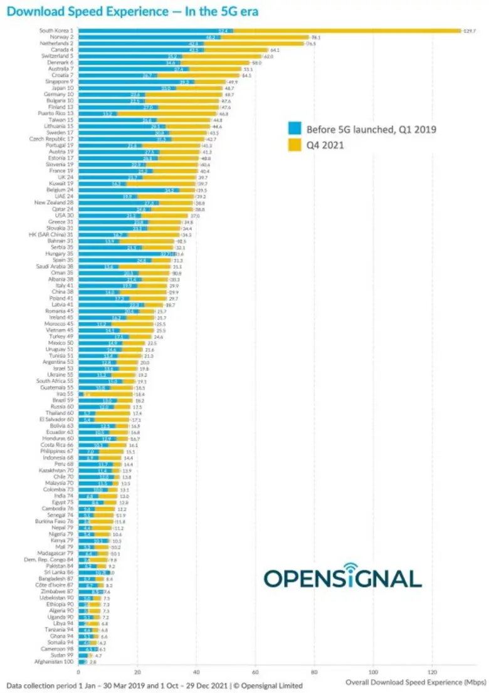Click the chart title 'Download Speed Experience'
pyautogui.click(x=132, y=11)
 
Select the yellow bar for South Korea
pyautogui.click(x=345, y=31)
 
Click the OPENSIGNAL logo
pyautogui.click(x=342, y=578)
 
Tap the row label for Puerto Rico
pyautogui.click(x=58, y=114)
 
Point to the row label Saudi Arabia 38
pyautogui.click(x=56, y=267)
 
